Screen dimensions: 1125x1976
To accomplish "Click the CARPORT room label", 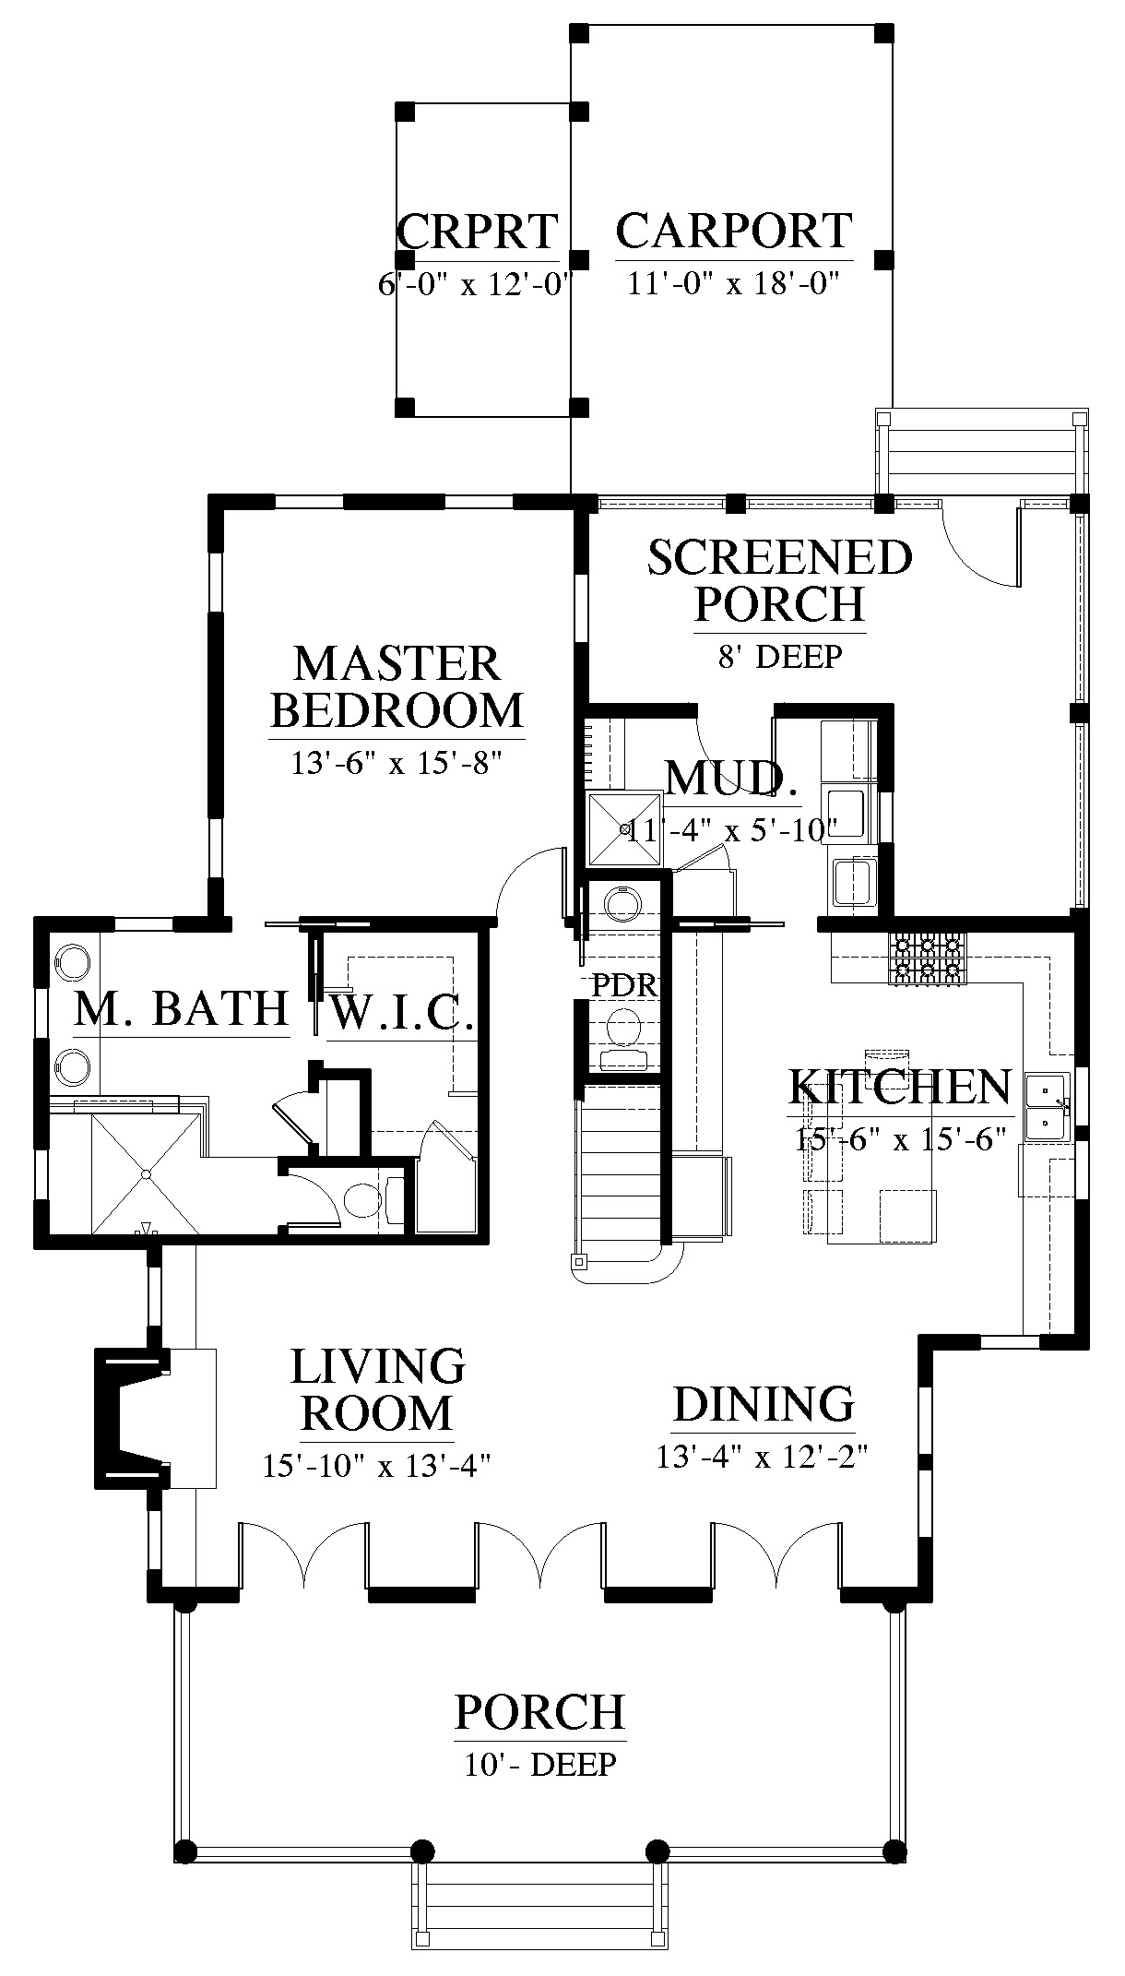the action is coord(734,231).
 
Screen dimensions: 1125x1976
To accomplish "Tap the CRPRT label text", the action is coord(478,232).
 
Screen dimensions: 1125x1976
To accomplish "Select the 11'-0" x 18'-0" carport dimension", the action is coord(733,282).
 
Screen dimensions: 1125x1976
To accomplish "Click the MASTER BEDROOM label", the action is coord(397,686).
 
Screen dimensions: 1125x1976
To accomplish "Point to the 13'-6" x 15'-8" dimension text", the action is coord(397,763).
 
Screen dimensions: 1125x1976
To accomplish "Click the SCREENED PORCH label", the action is coord(780,580).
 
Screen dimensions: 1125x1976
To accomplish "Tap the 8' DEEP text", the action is coord(779,656).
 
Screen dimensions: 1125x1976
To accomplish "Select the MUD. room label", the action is coord(731,778).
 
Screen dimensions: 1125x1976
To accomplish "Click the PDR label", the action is coord(624,985).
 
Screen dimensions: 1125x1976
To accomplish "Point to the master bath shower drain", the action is coord(146,1173).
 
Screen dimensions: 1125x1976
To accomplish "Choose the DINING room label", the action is coord(764,1404).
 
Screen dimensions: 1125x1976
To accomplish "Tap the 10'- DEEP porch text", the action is coord(540,1765).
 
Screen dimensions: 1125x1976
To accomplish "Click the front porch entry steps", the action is coord(539,1923).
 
